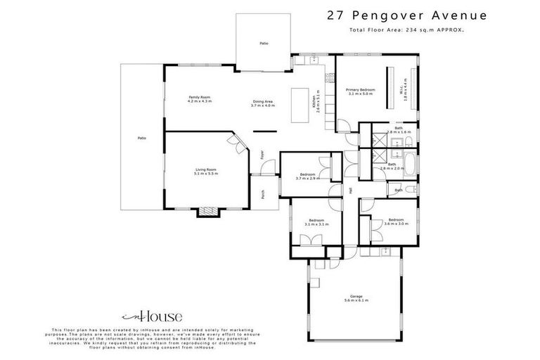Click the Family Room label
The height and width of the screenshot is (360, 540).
pyautogui.click(x=199, y=99)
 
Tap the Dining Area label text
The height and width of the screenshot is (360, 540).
pyautogui.click(x=263, y=103)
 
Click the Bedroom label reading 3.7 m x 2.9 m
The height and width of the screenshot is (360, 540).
pyautogui.click(x=307, y=176)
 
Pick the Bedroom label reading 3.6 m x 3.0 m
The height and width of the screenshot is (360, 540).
pyautogui.click(x=397, y=221)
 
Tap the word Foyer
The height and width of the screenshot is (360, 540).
pyautogui.click(x=262, y=154)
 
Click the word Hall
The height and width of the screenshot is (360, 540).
pyautogui.click(x=349, y=191)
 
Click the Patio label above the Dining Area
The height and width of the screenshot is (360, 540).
pyautogui.click(x=264, y=44)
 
